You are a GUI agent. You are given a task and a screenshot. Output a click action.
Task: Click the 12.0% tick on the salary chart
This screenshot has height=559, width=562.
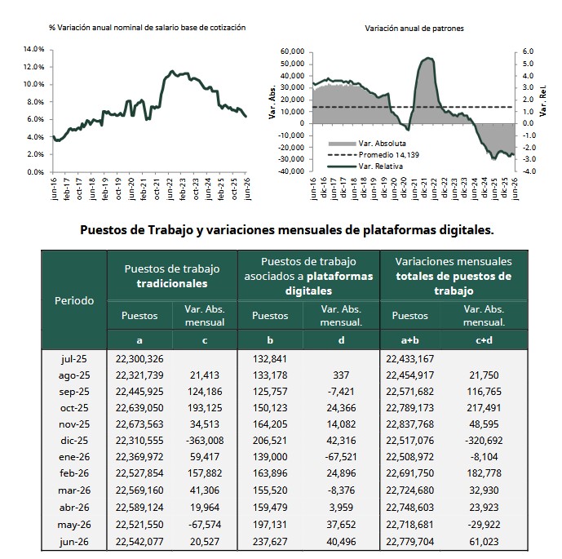tap(33, 67)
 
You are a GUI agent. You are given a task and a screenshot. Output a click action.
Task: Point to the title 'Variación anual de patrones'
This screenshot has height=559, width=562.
tap(414, 29)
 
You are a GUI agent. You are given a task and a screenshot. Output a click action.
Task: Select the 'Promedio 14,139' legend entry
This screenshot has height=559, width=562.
tap(373, 155)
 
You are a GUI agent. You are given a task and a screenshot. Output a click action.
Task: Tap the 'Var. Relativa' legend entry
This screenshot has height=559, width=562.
tap(365, 166)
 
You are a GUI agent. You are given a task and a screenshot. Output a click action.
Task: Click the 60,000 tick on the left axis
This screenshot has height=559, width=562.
tap(293, 51)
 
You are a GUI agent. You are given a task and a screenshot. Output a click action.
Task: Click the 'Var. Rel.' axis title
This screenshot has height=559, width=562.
tap(543, 100)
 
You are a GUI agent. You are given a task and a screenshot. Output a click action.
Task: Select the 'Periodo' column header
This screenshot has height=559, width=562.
tap(74, 300)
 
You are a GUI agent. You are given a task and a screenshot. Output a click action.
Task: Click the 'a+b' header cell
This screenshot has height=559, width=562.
tap(410, 340)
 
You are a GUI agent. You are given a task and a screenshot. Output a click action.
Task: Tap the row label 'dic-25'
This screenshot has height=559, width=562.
tap(74, 441)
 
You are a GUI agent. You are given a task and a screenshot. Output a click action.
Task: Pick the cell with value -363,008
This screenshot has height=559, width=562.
tap(205, 441)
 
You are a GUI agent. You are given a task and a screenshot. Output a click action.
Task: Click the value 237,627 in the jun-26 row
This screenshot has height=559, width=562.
tap(270, 541)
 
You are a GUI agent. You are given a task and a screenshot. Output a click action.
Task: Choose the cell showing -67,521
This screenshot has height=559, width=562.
tap(341, 457)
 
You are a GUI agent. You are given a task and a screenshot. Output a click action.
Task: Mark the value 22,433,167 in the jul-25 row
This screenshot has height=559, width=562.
tap(409, 359)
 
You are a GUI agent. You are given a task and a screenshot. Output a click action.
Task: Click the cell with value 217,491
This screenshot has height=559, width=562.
tap(484, 408)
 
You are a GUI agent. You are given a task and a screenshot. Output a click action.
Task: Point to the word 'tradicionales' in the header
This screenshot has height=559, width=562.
tap(172, 284)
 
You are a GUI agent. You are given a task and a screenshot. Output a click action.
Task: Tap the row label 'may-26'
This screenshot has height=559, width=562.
tap(74, 525)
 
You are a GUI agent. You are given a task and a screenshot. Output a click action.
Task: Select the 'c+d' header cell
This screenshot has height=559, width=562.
tap(484, 340)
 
